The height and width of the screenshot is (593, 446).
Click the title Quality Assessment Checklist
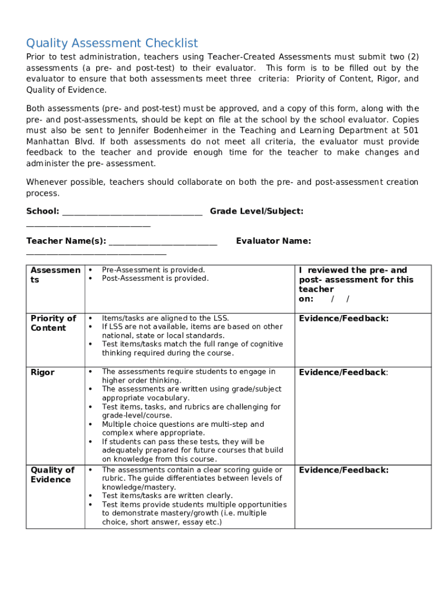112,43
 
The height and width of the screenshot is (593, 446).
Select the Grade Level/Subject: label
256,211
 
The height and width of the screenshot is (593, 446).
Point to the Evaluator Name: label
273,241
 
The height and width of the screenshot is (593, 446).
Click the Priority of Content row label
53,323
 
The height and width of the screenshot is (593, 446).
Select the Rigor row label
42,372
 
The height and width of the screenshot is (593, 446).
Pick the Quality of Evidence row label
52,475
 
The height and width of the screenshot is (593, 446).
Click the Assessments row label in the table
55,274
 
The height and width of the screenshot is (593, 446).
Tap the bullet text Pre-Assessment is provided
153,270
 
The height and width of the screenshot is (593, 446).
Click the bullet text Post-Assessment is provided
155,279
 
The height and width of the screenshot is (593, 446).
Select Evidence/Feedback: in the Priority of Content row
343,319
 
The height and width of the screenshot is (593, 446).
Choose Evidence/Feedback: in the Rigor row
343,372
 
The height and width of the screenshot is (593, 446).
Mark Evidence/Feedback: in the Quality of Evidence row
343,470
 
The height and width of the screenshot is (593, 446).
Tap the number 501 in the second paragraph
411,130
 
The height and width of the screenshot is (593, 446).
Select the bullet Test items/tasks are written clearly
167,496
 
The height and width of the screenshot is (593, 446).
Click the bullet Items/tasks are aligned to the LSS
165,318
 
